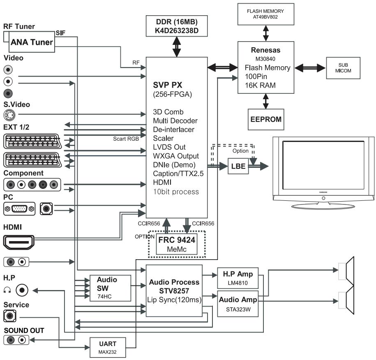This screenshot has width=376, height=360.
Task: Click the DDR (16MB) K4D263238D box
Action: click(x=176, y=26)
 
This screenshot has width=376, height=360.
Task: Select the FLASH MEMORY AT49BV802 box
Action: click(x=266, y=14)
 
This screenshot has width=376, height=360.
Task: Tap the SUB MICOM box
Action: click(x=343, y=68)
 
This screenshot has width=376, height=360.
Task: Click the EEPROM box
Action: click(x=266, y=119)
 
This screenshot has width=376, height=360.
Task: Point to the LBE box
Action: click(x=238, y=166)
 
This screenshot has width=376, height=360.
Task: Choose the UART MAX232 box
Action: click(x=108, y=348)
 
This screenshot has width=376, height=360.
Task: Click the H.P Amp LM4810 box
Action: click(x=238, y=278)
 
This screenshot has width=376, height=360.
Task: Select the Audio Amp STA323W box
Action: click(x=238, y=304)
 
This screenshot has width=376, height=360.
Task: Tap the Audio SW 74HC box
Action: click(x=110, y=288)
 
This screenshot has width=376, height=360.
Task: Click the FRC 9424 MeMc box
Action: click(x=176, y=244)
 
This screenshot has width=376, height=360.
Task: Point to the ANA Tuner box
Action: click(x=32, y=42)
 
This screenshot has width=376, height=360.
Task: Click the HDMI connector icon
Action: click(x=19, y=242)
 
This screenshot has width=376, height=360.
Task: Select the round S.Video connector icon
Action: click(x=9, y=115)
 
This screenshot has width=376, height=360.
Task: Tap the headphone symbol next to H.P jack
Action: click(x=7, y=290)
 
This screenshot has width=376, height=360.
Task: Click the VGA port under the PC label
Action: click(x=19, y=209)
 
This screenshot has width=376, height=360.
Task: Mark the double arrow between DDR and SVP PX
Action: click(x=176, y=47)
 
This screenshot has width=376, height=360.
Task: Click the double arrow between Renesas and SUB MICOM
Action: click(x=310, y=68)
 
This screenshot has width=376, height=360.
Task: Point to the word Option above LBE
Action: click(x=240, y=151)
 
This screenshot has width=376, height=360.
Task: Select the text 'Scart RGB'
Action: click(x=126, y=139)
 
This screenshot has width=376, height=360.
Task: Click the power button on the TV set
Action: click(x=323, y=198)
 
